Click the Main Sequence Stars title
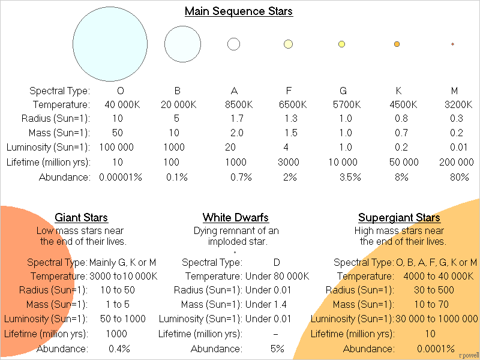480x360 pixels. point(239,11)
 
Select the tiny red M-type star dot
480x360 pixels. point(452,44)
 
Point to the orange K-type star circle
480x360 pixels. point(397,44)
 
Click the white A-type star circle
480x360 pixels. point(233,44)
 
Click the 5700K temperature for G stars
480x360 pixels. point(343,104)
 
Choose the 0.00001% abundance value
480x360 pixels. point(120,177)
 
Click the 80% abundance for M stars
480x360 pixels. point(459,177)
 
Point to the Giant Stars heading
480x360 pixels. point(81,218)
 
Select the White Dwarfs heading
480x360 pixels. point(235,218)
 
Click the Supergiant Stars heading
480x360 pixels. point(399,218)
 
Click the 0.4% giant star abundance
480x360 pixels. point(119,349)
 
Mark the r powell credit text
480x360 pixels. point(467,355)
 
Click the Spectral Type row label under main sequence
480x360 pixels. point(59,91)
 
